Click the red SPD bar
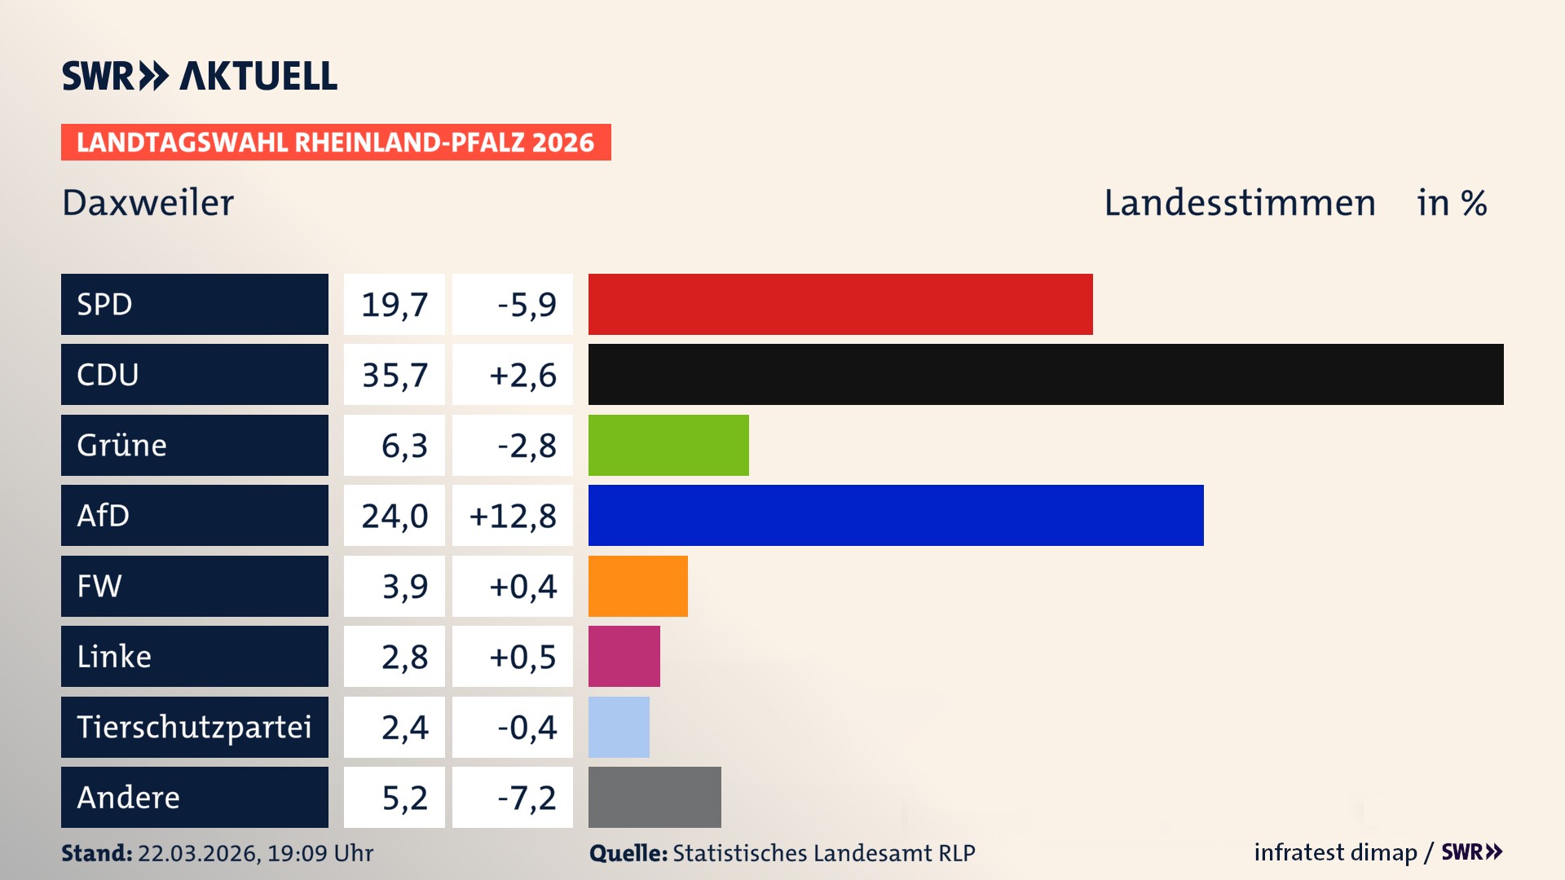click(x=840, y=304)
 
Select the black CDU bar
click(x=1045, y=375)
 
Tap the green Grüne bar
click(x=668, y=445)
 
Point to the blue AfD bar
click(x=895, y=515)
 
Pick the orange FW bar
click(x=637, y=586)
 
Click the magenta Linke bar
click(x=624, y=656)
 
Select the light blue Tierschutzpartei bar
click(x=619, y=727)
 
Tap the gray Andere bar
click(x=655, y=797)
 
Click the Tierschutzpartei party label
click(x=194, y=727)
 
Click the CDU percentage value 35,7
click(x=395, y=375)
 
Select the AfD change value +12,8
click(x=513, y=515)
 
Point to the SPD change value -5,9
click(x=527, y=304)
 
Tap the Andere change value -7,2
click(x=527, y=797)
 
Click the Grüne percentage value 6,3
click(x=404, y=445)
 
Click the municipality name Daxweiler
click(x=148, y=203)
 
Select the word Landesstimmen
click(x=1239, y=203)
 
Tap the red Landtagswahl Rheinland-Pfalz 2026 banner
click(x=336, y=143)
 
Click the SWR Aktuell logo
click(x=200, y=76)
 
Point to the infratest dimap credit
click(x=1335, y=852)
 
